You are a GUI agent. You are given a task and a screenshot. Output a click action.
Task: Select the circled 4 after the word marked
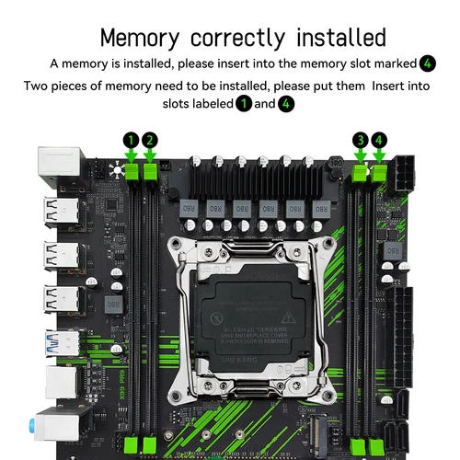pyautogui.click(x=428, y=63)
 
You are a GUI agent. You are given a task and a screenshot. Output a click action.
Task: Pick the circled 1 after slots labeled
pyautogui.click(x=244, y=104)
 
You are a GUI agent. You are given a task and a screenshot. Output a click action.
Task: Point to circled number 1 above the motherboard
pyautogui.click(x=132, y=140)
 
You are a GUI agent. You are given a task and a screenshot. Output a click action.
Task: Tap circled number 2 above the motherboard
pyautogui.click(x=150, y=140)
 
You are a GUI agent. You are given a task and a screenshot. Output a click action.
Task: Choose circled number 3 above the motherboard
pyautogui.click(x=361, y=140)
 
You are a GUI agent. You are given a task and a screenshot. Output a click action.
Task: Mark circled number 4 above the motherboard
pyautogui.click(x=379, y=140)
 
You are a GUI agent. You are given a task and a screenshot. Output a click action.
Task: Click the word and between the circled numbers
pyautogui.click(x=264, y=104)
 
